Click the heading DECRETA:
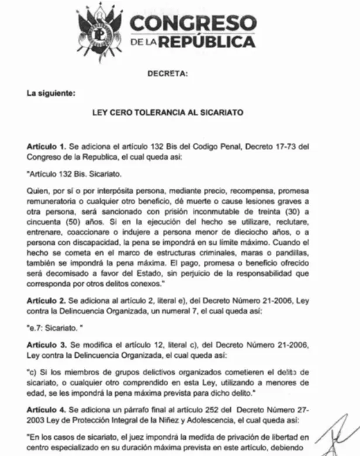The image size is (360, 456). coord(168,74)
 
